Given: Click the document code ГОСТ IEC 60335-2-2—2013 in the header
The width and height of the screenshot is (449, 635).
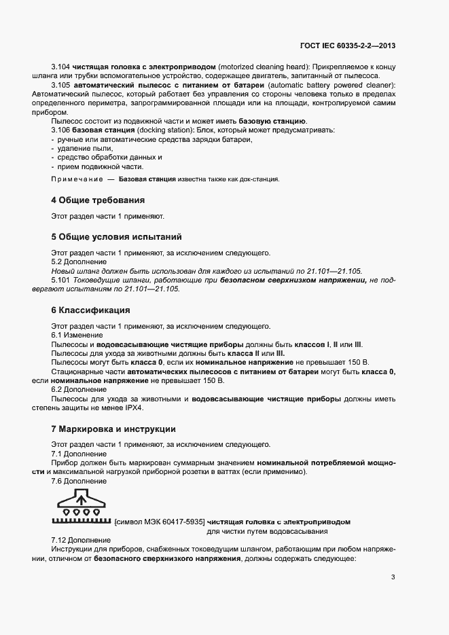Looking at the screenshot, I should [x=347, y=46].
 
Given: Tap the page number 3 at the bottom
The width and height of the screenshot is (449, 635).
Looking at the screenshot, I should [x=393, y=578].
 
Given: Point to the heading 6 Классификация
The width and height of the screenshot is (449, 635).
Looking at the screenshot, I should [x=90, y=310].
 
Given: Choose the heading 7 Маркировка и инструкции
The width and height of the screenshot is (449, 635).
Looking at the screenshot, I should [x=113, y=429].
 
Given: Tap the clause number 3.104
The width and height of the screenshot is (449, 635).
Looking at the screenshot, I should [x=60, y=68].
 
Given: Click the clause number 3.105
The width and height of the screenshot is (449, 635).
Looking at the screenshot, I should [x=60, y=85].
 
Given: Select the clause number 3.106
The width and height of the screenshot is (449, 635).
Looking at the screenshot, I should [x=60, y=129].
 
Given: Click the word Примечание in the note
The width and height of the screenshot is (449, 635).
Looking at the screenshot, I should [x=75, y=179].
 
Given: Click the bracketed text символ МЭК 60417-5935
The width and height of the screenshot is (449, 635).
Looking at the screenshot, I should [x=160, y=522].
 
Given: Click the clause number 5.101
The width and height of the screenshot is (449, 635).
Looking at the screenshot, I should [x=60, y=279].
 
